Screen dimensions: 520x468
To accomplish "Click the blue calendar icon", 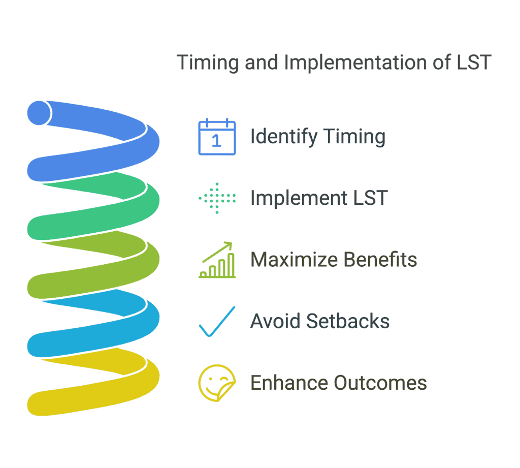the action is tap(217, 136).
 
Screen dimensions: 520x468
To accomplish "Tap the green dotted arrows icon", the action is tap(217, 198).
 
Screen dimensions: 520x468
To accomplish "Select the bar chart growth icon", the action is tap(217, 260).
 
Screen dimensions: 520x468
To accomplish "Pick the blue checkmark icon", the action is tap(217, 321).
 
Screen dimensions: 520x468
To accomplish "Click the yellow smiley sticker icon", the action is tap(217, 383).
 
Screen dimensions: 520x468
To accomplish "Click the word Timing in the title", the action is tap(208, 63).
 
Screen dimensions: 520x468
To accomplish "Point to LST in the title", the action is tap(474, 63).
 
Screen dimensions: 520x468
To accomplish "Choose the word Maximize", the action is tap(294, 260).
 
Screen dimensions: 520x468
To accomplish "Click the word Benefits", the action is tap(380, 260).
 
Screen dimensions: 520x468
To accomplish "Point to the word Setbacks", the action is tap(348, 321).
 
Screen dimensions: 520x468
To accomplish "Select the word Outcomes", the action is tap(380, 383).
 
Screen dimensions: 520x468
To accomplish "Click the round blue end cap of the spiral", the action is tap(39, 113).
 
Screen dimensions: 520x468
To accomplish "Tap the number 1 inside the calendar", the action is tap(216, 141).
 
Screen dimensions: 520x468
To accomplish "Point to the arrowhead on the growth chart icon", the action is tap(229, 245).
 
